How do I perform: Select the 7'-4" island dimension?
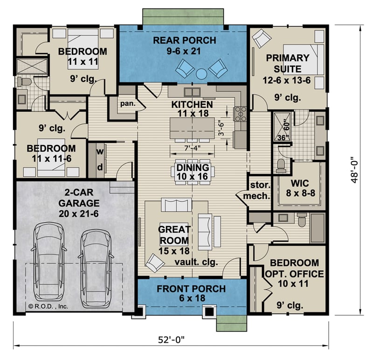[x=192, y=148]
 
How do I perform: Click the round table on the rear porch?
[x=201, y=73]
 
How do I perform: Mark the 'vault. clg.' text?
[x=196, y=262]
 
